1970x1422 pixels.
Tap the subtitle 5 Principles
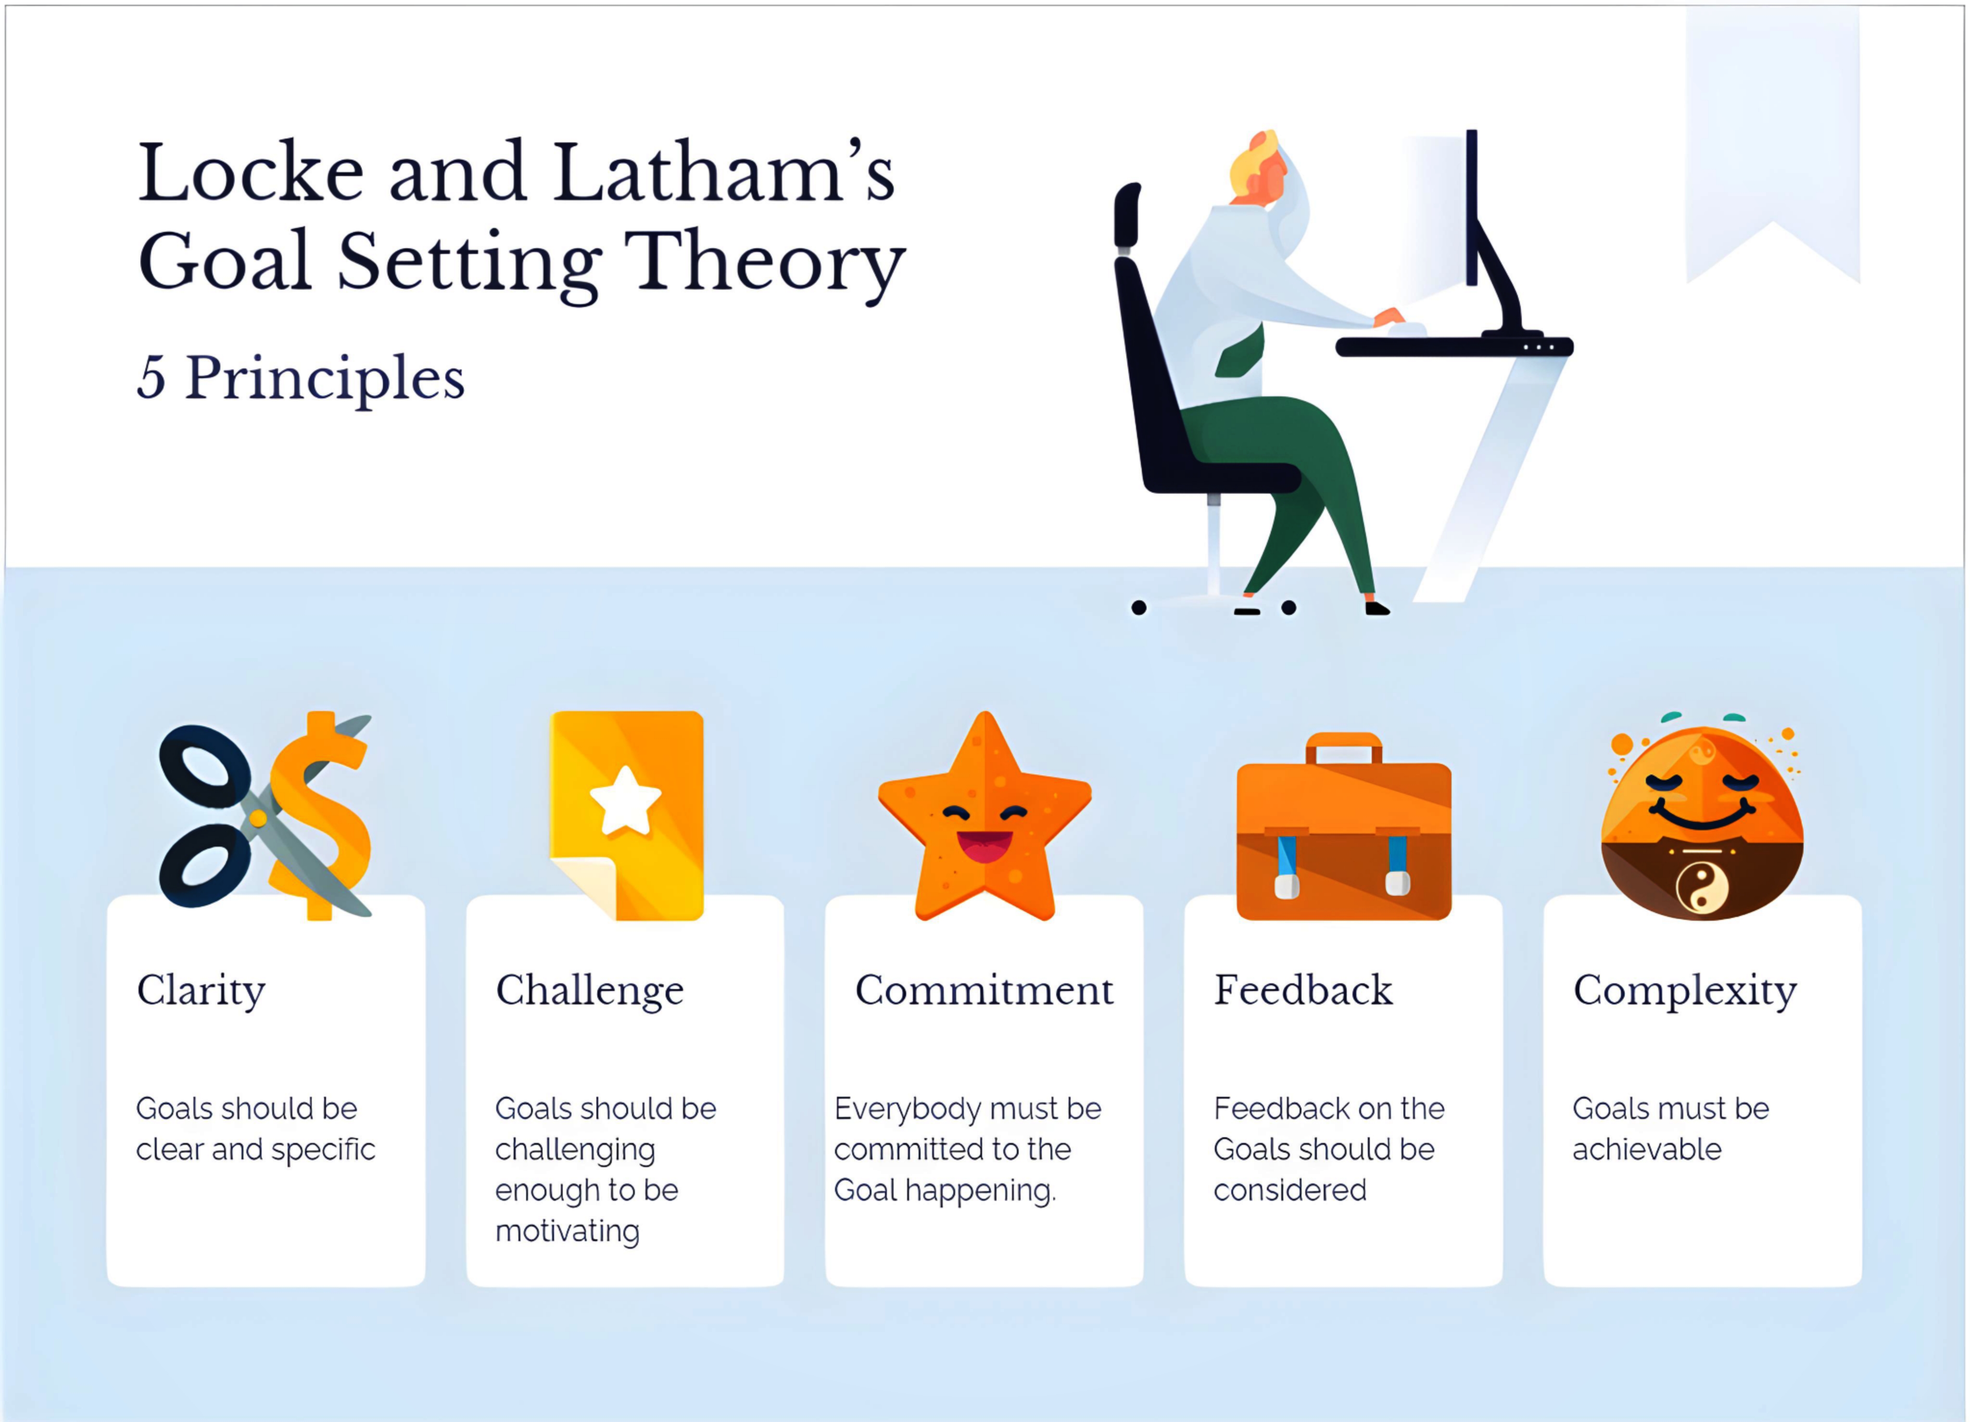[301, 379]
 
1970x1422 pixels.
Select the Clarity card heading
[201, 991]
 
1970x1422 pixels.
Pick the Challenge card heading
[590, 991]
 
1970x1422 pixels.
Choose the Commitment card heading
[984, 990]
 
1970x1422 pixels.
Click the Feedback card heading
[1303, 990]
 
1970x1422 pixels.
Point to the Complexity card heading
[1685, 991]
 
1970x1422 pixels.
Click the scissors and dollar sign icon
[265, 816]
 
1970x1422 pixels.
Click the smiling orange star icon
[985, 816]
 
